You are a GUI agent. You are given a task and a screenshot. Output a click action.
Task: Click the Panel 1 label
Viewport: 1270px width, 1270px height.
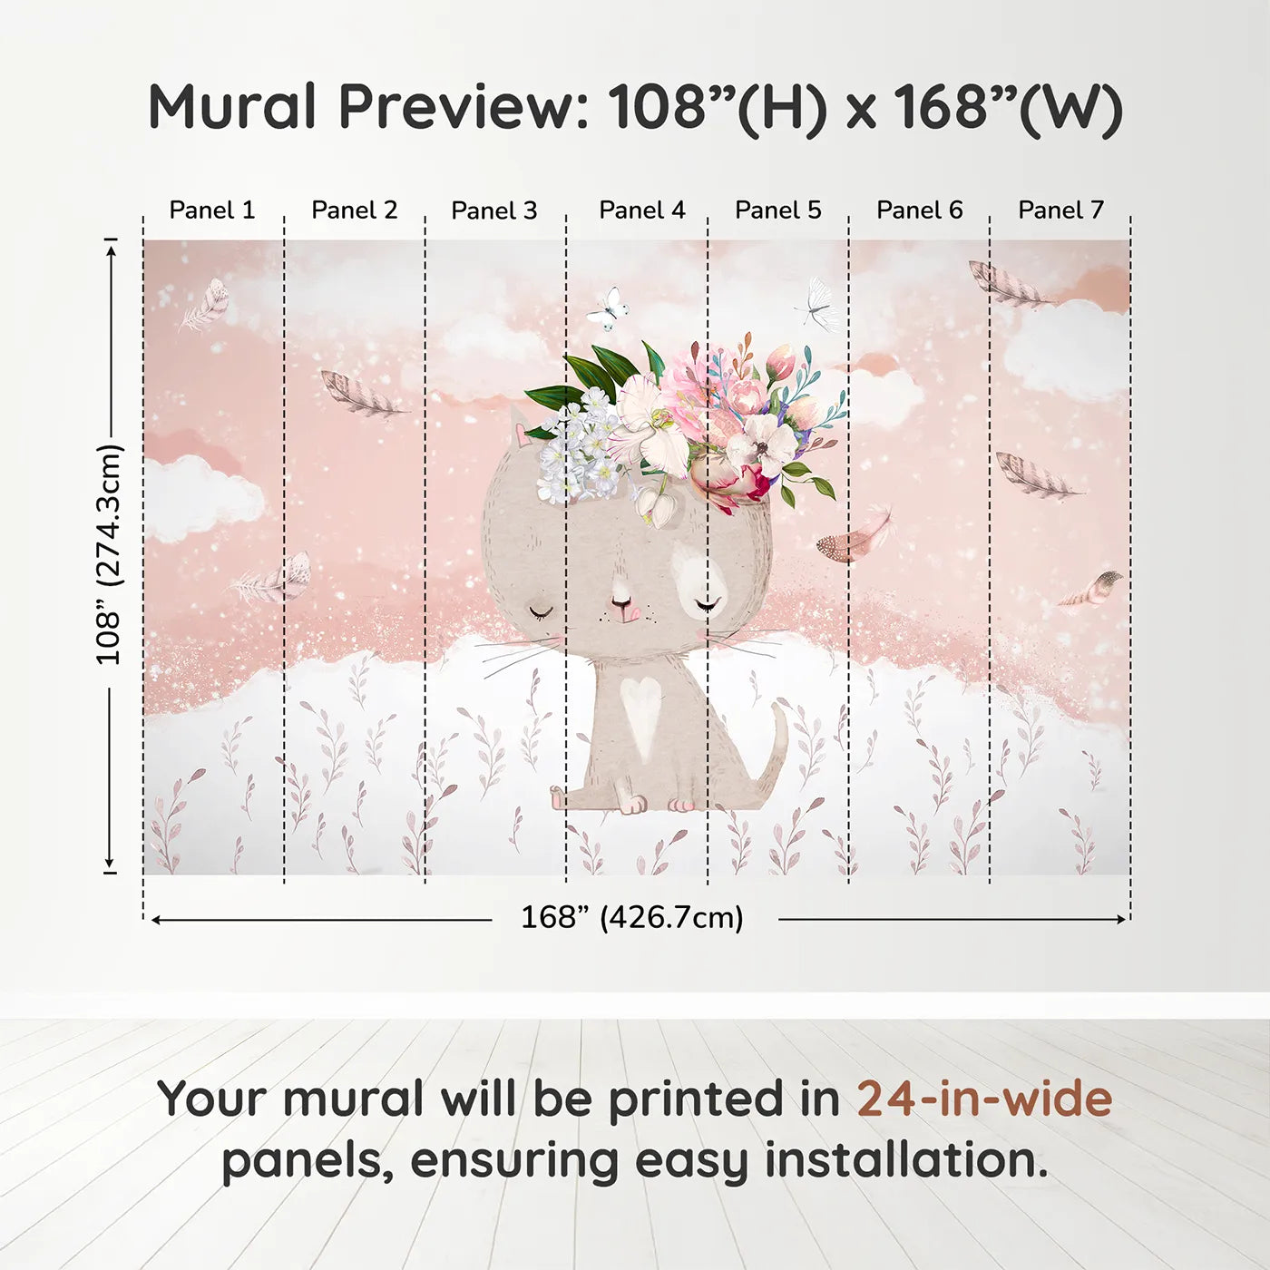coord(212,210)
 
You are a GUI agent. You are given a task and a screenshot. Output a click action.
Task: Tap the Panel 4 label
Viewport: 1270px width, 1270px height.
coord(641,210)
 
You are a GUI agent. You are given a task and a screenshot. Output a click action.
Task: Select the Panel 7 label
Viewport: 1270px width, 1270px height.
coord(1060,210)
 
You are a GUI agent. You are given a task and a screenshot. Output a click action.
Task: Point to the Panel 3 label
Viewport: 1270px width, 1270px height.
coord(494,210)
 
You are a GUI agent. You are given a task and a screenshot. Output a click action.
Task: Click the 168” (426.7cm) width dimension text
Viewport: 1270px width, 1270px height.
coord(631,917)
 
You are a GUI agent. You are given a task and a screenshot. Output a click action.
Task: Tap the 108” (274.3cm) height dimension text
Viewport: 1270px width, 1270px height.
coord(109,554)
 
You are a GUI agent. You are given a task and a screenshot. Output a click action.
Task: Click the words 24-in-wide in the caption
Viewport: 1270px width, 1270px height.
coord(984,1099)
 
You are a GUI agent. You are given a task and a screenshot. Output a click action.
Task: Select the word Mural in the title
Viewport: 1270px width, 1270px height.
coord(231,107)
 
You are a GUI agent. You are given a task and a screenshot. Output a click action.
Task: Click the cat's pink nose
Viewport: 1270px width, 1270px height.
coord(623,606)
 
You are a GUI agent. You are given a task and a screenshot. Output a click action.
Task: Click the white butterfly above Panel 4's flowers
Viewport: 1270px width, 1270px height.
coord(607,308)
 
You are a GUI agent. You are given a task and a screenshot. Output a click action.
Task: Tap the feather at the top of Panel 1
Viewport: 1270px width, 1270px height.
coord(207,305)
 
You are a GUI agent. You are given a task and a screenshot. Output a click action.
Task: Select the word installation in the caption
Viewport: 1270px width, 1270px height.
coord(905,1160)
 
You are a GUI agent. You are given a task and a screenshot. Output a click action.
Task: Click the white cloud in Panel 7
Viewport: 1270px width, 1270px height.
coord(1066,349)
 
